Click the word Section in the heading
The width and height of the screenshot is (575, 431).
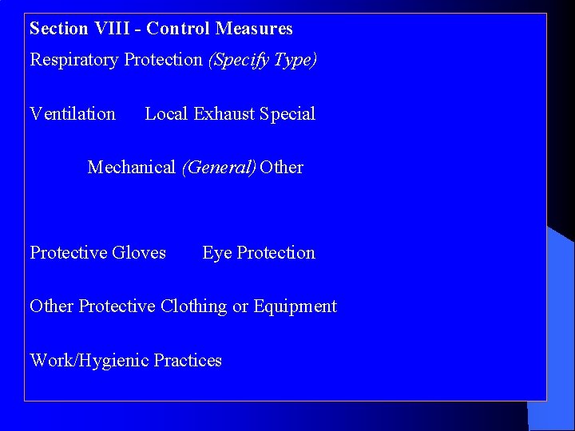(x=58, y=29)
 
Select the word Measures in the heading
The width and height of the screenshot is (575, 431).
(x=254, y=29)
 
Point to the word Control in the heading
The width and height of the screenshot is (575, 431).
(x=179, y=29)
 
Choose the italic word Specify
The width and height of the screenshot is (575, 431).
(x=240, y=60)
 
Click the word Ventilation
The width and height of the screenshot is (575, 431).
(x=73, y=114)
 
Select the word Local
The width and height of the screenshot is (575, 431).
(x=165, y=114)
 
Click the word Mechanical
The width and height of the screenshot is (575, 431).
(x=131, y=168)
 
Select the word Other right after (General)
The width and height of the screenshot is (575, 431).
(x=282, y=168)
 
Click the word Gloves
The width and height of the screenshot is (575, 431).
(x=139, y=253)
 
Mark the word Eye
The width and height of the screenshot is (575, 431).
(x=216, y=253)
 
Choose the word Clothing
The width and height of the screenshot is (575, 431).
(x=193, y=306)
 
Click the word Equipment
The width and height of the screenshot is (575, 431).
(x=295, y=306)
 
